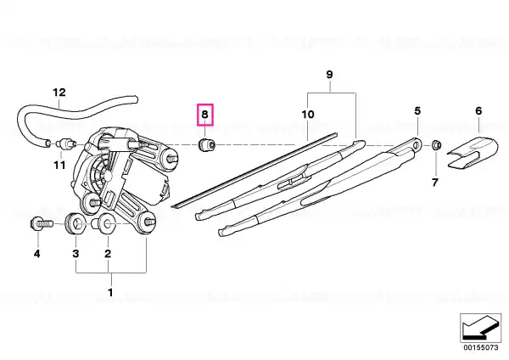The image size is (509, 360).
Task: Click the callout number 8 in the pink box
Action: coord(204,115)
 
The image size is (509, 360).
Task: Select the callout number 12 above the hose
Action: coord(59,93)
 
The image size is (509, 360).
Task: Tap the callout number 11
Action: coord(59,166)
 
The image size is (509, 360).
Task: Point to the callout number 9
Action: coord(329,75)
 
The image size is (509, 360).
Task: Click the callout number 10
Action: coord(308,115)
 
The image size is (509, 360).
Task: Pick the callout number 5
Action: coord(417,110)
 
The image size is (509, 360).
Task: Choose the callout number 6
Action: coord(478,110)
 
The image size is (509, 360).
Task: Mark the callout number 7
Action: coord(435,183)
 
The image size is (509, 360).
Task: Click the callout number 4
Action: coord(37,254)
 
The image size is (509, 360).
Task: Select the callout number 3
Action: coord(76,253)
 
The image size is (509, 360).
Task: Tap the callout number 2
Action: coord(108,253)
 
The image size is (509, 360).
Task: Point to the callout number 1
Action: coord(110,292)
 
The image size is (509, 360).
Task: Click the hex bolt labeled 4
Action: coord(42,224)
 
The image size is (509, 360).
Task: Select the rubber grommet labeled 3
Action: coord(76,223)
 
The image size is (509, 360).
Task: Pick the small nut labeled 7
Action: coord(436,144)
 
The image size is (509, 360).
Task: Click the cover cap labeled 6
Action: coord(473,154)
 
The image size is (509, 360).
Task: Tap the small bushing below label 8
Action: coord(207,144)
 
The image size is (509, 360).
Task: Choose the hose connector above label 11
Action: coord(66,143)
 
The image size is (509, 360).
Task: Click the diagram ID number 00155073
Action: coord(481,347)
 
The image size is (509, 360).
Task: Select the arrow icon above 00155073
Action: coord(480,328)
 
